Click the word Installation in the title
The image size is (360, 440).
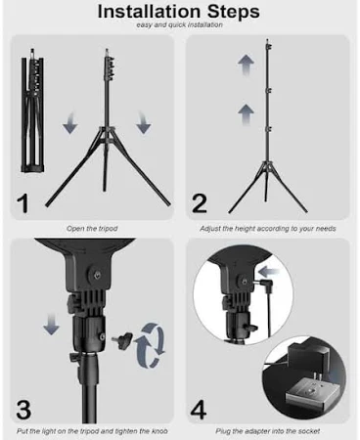coord(149,11)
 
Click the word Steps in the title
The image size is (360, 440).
coord(234,12)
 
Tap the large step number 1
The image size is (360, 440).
coord(22,203)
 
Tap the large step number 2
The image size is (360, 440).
coord(200,203)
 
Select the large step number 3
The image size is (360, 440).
coord(23,410)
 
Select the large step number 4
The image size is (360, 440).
coord(199,410)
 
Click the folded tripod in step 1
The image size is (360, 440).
coord(32,110)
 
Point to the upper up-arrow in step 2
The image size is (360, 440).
coord(246,65)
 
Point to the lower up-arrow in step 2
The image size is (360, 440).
coord(246,114)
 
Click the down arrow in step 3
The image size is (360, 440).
coord(52,324)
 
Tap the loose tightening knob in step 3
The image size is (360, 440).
coord(122,339)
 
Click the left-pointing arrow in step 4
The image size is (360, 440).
coord(269,271)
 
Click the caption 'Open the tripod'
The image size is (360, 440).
coord(92,229)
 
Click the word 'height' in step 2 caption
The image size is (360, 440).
coord(246,229)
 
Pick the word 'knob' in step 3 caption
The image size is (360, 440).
coord(159,431)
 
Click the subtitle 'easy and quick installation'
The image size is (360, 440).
coord(180,24)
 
